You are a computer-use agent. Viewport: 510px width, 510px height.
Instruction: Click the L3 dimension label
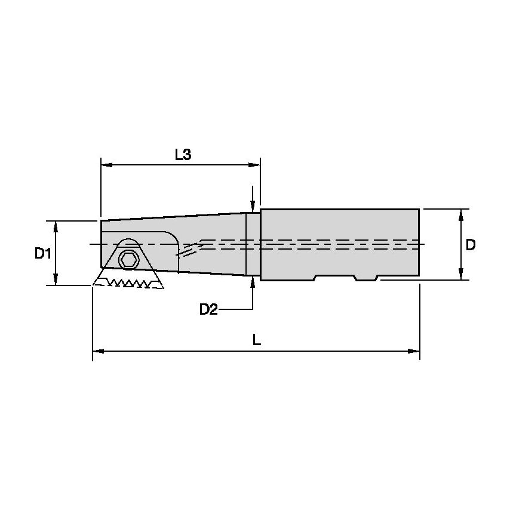pyautogui.click(x=183, y=155)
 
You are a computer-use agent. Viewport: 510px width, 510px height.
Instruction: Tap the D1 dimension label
pyautogui.click(x=42, y=253)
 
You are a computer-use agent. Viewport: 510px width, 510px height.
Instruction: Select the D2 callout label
pyautogui.click(x=208, y=309)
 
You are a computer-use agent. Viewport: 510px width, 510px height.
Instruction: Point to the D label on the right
pyautogui.click(x=471, y=245)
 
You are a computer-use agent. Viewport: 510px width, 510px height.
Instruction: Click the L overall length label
pyautogui.click(x=256, y=340)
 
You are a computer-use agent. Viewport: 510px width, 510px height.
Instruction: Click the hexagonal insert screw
pyautogui.click(x=127, y=259)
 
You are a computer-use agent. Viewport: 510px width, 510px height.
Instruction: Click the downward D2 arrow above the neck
pyautogui.click(x=253, y=204)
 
